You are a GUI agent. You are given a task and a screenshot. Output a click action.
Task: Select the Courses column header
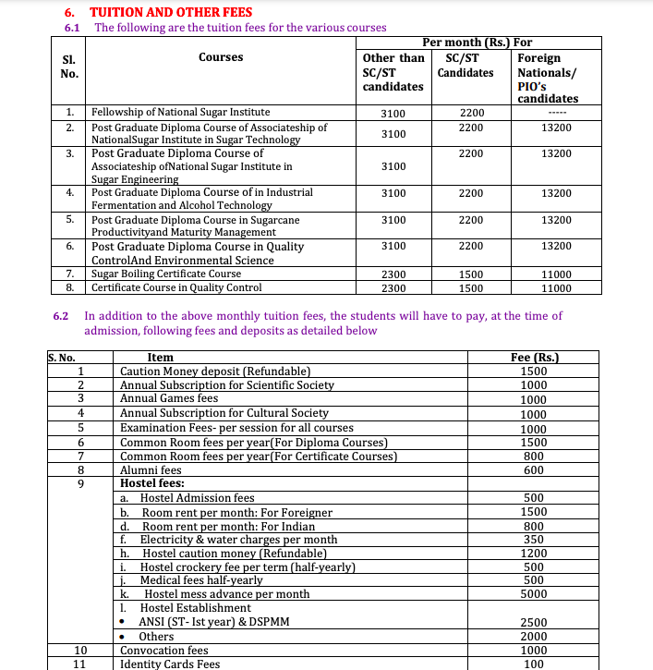221,57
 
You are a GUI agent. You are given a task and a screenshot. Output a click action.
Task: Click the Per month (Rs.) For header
477,43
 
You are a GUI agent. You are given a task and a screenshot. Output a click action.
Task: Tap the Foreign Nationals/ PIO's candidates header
548,78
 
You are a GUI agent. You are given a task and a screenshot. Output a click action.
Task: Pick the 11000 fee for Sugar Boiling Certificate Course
556,274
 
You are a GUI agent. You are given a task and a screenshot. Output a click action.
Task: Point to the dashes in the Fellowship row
556,113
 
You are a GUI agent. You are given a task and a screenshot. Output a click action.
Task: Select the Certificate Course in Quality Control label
176,287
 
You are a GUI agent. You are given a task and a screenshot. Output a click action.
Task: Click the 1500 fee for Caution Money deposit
534,371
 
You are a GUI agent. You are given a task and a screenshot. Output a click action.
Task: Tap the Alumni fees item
151,469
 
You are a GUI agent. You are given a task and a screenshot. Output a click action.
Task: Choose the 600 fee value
534,469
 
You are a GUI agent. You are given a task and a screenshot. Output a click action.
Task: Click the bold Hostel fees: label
152,482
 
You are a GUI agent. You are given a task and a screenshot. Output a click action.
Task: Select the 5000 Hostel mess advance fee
534,594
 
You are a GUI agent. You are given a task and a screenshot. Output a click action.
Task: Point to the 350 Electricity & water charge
534,539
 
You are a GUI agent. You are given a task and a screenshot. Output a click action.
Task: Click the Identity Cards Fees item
170,664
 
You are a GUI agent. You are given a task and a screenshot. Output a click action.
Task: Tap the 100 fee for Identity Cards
534,664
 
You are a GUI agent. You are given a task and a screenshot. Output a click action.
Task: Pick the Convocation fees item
164,650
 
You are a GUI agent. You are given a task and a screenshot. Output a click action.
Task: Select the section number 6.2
62,316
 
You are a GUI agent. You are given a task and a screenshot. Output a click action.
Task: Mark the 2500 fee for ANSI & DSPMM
534,622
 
